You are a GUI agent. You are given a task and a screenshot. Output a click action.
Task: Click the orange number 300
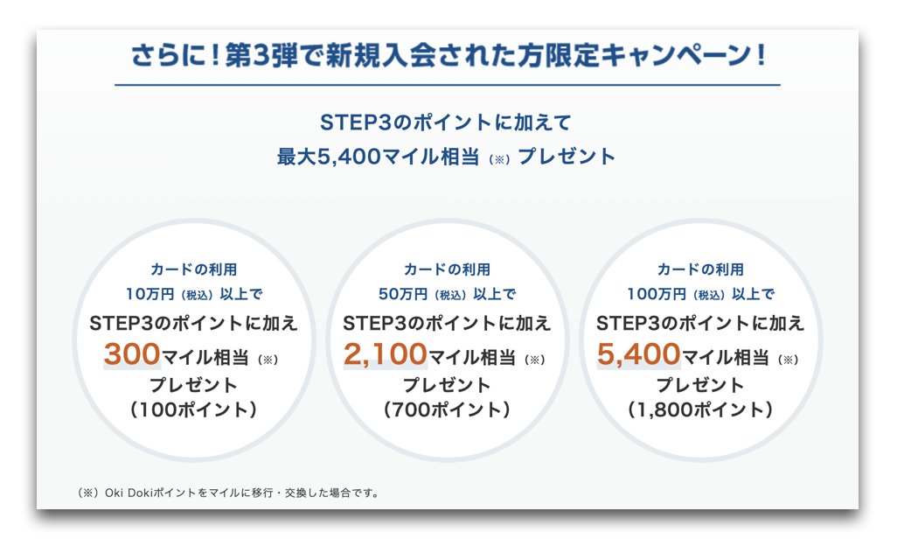pos(132,353)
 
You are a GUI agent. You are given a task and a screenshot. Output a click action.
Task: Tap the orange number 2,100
pos(386,354)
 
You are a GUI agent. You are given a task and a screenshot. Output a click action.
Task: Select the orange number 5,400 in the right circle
pos(639,354)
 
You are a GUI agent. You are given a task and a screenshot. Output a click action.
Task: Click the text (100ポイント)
pos(194,409)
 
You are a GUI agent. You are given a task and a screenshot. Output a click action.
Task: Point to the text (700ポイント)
pos(447,409)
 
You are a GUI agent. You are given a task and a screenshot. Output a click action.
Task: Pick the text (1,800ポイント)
pos(700,409)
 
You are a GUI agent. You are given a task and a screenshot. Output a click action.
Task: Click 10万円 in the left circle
pos(150,294)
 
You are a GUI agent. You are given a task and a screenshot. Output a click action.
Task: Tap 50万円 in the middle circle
pos(403,294)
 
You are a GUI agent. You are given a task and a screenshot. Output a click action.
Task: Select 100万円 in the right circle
pos(657,294)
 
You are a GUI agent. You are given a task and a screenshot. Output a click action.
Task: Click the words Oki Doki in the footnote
pos(127,493)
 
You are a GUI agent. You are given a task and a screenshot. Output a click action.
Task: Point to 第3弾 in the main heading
pos(262,55)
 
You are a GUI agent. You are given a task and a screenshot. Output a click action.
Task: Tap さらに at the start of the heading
pos(167,55)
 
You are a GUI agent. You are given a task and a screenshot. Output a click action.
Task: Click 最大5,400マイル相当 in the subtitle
pos(379,157)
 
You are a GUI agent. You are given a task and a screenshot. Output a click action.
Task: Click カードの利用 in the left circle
pos(194,269)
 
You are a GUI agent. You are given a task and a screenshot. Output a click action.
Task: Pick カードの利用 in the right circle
pos(700,269)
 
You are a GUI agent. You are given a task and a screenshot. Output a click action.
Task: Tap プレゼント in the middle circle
pos(447,384)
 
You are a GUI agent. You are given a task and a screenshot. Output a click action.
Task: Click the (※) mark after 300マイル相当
pos(268,360)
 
